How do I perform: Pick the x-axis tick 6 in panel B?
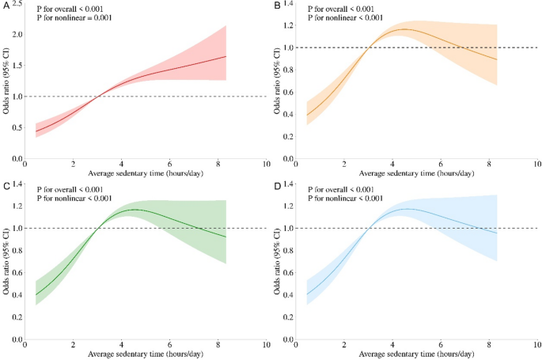(439, 164)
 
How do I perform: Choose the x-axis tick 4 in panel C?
(121, 345)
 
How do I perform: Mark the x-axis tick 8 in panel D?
(488, 345)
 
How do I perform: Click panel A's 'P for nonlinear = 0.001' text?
(75, 17)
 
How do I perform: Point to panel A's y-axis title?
(8, 81)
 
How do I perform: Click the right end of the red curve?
(226, 56)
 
